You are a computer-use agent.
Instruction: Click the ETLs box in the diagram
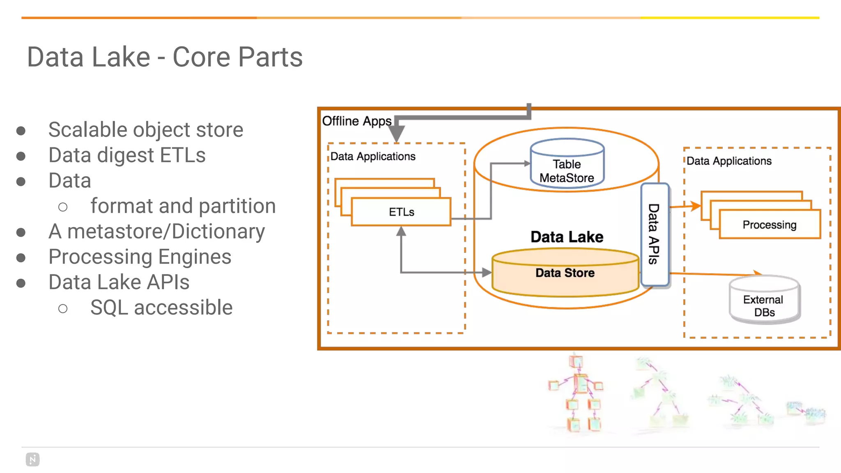coord(401,212)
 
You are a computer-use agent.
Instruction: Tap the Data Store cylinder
coord(565,273)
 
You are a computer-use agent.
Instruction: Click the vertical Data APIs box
coord(655,234)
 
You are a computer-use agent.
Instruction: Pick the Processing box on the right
coord(770,225)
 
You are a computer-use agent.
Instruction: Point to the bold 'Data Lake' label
coord(567,237)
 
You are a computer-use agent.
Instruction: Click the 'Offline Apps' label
coord(356,121)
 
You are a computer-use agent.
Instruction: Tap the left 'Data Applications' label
coord(373,156)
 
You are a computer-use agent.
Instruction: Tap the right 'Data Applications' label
coord(729,161)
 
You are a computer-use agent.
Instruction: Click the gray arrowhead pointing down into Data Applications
coord(397,134)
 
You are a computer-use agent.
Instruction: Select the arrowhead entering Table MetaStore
coord(527,163)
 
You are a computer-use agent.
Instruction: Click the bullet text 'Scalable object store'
coord(146,130)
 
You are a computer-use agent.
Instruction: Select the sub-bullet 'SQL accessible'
coord(161,308)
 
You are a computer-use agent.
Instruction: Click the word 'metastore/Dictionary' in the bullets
coord(166,232)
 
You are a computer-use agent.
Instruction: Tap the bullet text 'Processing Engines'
coord(140,257)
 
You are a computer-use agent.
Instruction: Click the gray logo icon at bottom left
coord(32,459)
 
